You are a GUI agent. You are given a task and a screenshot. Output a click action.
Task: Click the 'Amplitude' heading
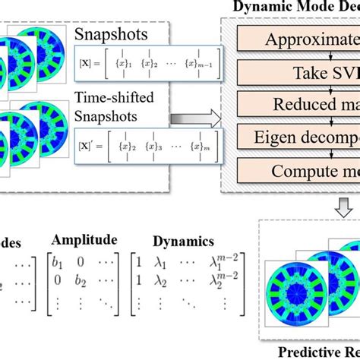point(93,239)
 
